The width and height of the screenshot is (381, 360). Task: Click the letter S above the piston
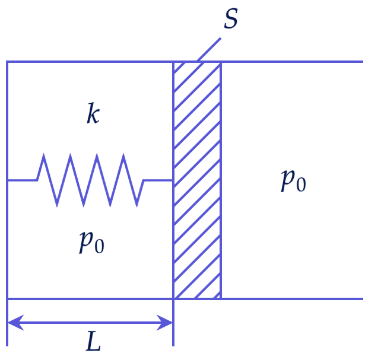point(231,19)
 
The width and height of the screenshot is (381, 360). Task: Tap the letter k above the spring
point(93,113)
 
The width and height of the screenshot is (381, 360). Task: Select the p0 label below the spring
point(92,242)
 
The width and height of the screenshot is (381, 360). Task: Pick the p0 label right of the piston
point(293,180)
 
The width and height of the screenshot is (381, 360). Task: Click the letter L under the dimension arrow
point(93,341)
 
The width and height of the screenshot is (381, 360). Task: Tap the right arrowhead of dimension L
point(164,323)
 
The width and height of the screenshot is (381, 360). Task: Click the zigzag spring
point(90,180)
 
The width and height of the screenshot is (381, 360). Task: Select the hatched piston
point(197,180)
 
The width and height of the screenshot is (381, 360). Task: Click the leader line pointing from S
point(209,49)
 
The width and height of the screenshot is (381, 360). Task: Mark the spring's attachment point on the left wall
point(8,180)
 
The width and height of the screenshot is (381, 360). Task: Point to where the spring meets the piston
point(173,180)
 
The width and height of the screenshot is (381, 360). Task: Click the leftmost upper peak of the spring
point(44,154)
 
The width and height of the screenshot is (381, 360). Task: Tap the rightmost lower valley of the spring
point(137,206)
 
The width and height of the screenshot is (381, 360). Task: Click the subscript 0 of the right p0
point(301,184)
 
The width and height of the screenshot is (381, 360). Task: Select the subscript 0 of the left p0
point(100,246)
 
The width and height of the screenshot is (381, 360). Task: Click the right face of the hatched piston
point(221,180)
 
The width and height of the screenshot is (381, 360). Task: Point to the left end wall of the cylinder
point(7,180)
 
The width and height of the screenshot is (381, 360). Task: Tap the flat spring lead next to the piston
point(158,180)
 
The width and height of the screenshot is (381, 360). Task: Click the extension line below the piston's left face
point(173,323)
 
